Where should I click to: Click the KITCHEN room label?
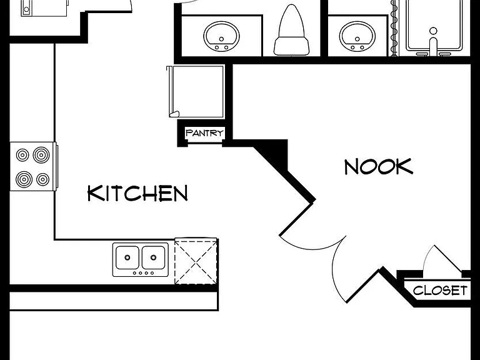(137, 193)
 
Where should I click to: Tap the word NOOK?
(379, 167)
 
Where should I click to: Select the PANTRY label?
(204, 133)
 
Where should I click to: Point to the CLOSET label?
(440, 290)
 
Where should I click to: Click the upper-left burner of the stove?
(22, 155)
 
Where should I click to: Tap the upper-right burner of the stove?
(41, 155)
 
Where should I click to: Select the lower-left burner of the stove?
(24, 179)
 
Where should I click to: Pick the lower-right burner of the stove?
(43, 179)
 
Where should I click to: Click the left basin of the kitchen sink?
(127, 257)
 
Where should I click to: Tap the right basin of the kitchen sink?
(154, 257)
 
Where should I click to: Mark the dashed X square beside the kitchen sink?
(196, 262)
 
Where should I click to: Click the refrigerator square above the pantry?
(196, 91)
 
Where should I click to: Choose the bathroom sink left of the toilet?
(222, 36)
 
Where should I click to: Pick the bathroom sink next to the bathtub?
(357, 36)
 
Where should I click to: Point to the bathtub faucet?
(433, 42)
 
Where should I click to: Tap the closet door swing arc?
(428, 256)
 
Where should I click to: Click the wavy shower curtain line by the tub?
(394, 28)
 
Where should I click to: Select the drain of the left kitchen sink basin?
(127, 257)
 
